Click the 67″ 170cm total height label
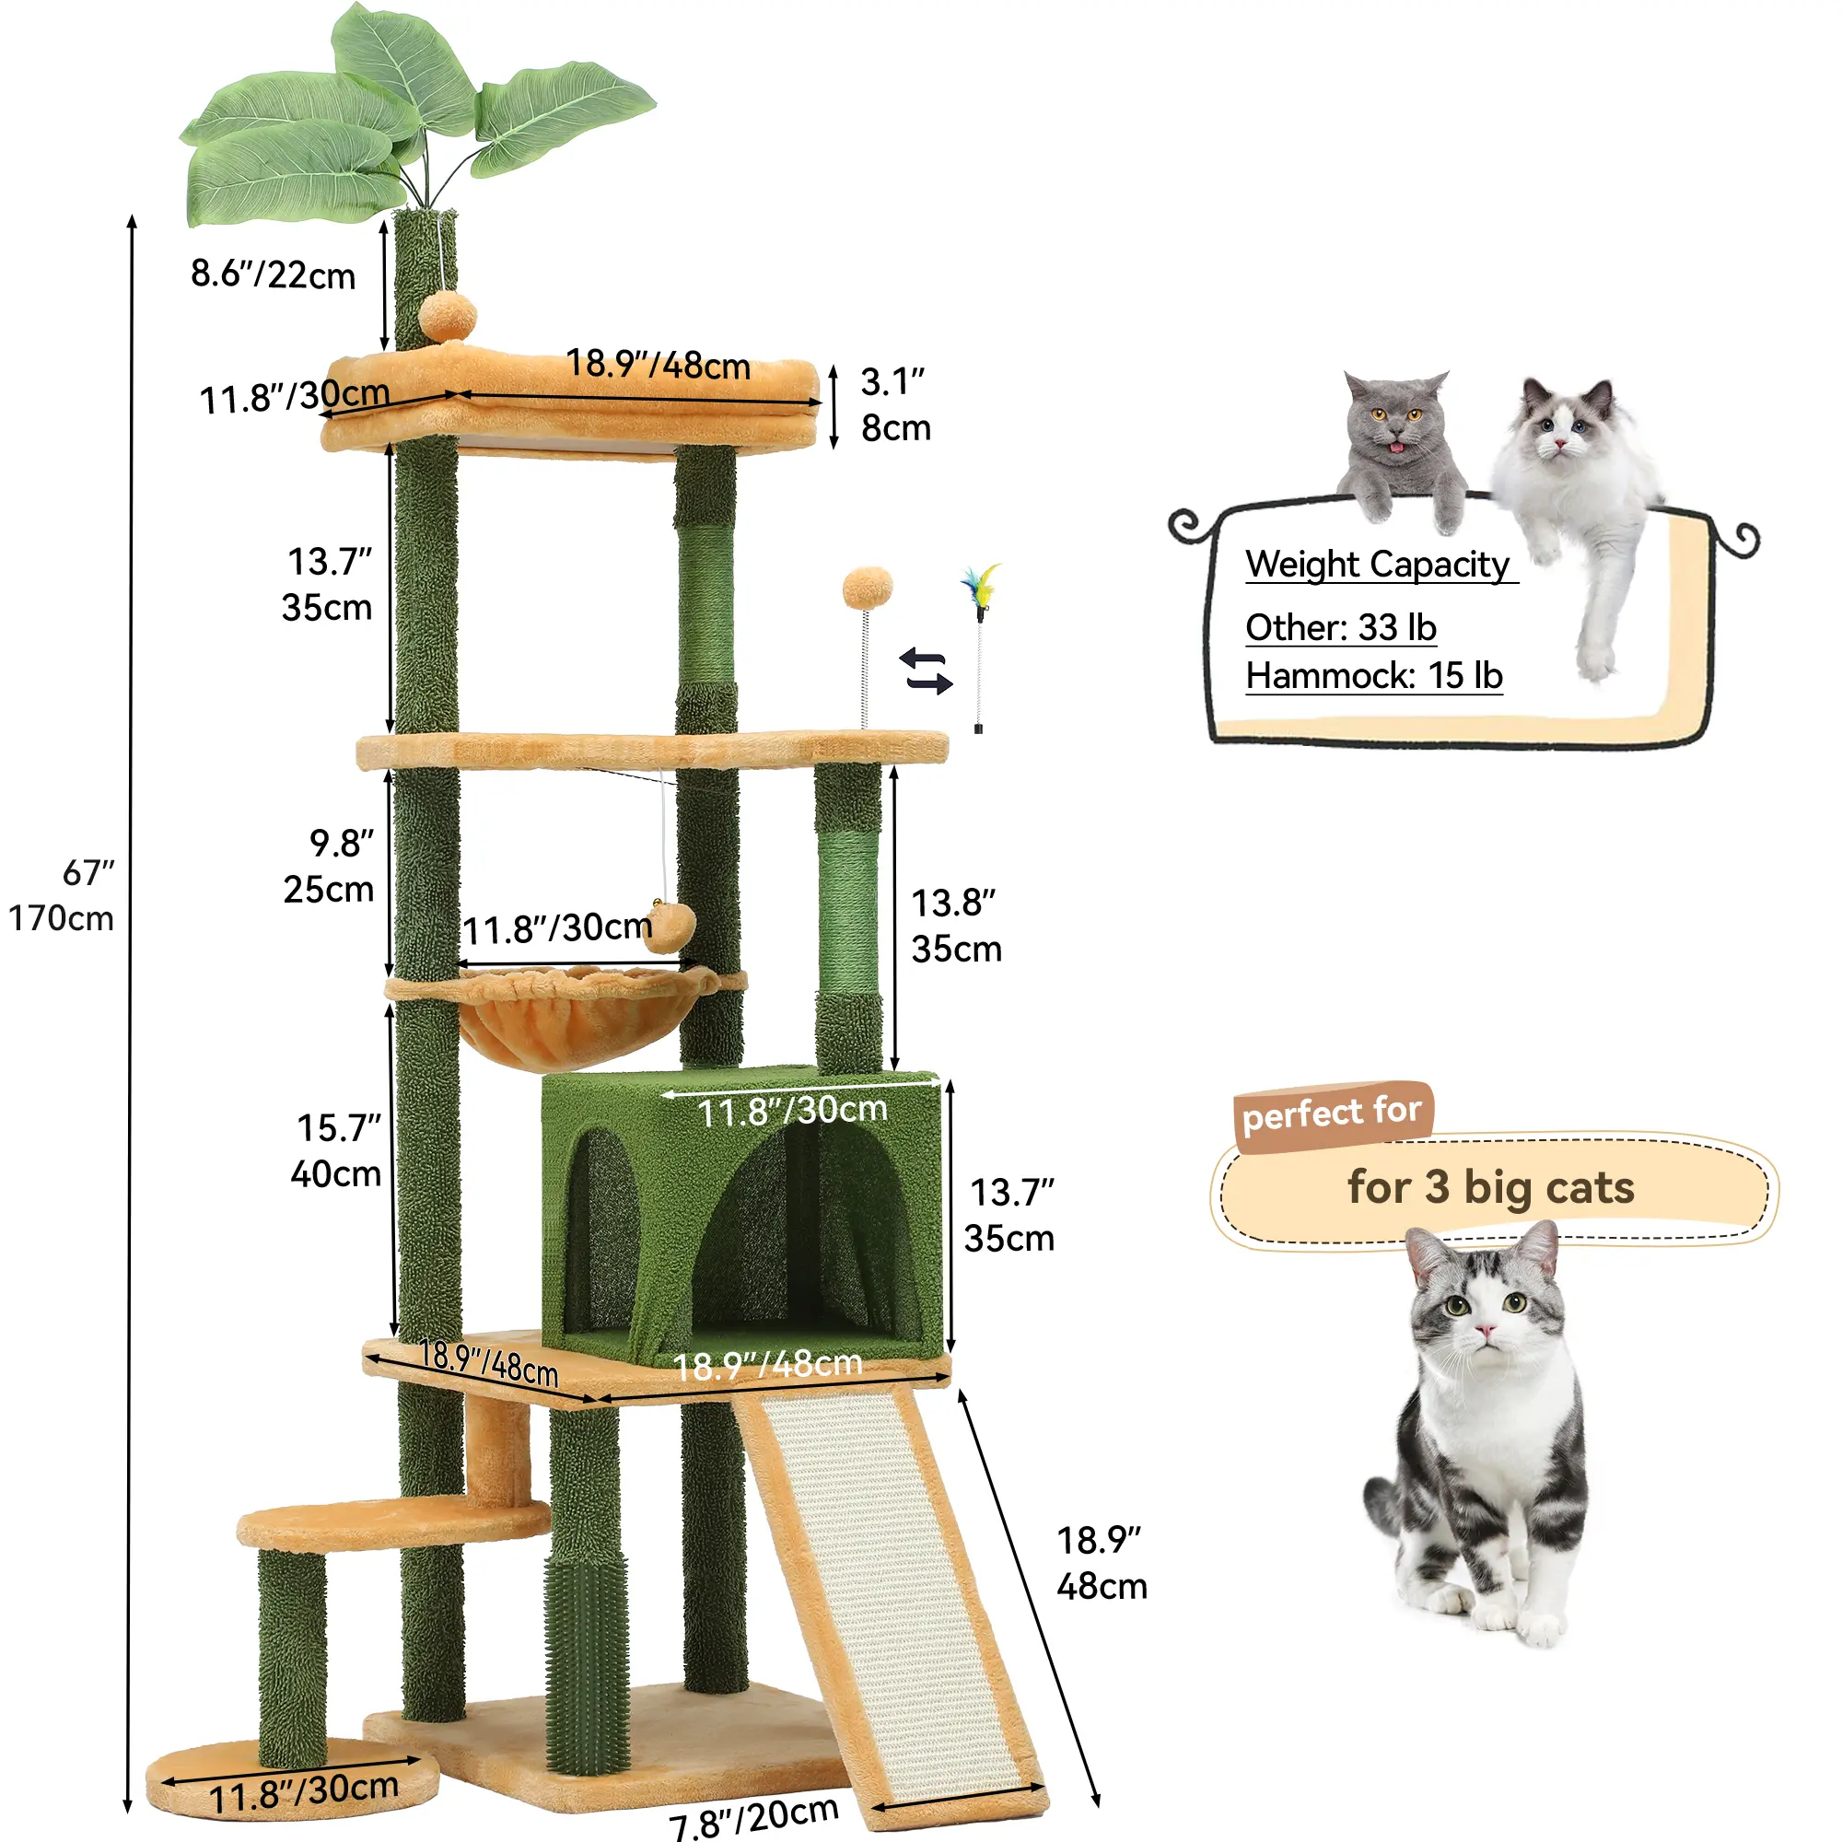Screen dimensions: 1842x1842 pos(62,895)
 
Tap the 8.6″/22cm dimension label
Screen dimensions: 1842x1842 pos(273,274)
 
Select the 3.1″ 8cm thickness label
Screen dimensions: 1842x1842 pos(895,405)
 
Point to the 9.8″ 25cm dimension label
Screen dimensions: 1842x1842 pos(330,866)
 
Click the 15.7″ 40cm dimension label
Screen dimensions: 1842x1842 pos(337,1150)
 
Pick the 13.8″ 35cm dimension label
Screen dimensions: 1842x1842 pos(956,926)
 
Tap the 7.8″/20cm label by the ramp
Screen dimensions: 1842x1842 pos(753,1816)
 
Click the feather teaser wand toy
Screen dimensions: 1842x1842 pos(980,647)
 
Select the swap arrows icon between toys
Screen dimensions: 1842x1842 pos(926,671)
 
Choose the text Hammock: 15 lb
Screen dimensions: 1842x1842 pos(1375,676)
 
